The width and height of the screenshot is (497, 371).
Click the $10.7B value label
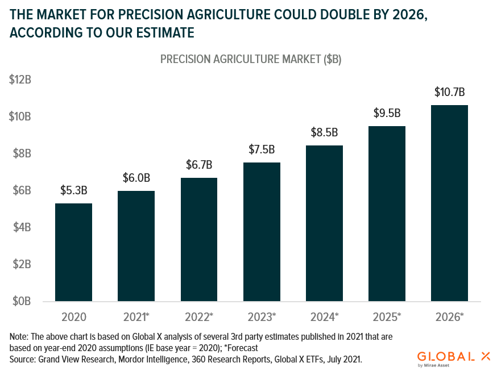pos(450,91)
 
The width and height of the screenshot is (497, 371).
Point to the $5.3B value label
pos(73,190)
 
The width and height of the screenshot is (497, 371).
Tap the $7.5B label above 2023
pos(262,149)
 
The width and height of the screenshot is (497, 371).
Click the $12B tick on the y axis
pos(20,80)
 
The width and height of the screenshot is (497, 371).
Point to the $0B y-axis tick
pos(20,301)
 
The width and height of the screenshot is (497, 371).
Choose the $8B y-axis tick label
pos(20,153)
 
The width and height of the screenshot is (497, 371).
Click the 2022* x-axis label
pos(199,316)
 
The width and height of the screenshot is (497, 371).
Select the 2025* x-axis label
pos(387,316)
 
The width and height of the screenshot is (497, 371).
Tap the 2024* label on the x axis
pos(325,316)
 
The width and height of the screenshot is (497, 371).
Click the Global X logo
pos(454,357)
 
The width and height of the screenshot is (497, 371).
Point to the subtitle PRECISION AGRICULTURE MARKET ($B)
pos(250,59)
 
